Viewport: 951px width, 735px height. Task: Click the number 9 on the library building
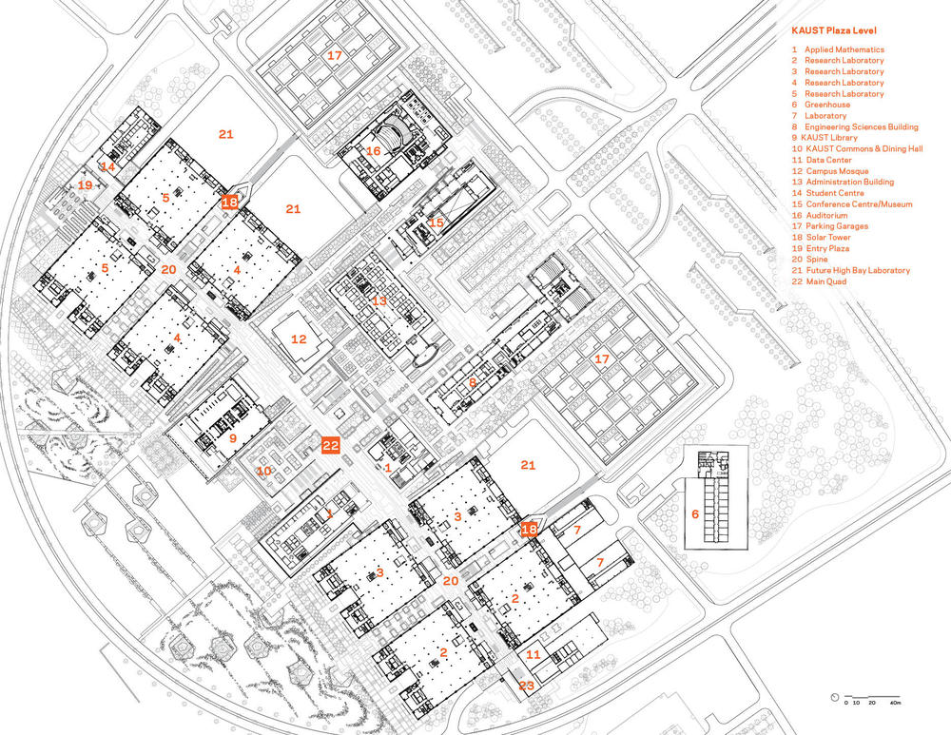tap(232, 438)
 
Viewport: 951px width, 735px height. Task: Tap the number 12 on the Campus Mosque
tap(299, 338)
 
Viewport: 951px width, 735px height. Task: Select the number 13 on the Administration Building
tap(380, 300)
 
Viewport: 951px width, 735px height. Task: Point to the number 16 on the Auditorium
tap(374, 151)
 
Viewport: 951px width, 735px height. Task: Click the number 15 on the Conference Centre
tap(437, 222)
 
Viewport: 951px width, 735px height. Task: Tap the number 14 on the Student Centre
tap(108, 166)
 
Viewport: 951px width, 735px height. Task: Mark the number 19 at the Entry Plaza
tap(86, 185)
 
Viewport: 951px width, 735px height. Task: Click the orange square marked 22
tap(330, 444)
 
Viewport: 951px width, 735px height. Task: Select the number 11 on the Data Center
tap(534, 655)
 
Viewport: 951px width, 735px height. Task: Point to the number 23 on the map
tap(527, 685)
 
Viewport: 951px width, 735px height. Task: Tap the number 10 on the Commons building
tap(262, 471)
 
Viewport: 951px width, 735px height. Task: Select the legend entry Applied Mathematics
tap(844, 49)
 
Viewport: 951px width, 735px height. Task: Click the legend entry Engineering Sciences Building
tap(860, 126)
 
